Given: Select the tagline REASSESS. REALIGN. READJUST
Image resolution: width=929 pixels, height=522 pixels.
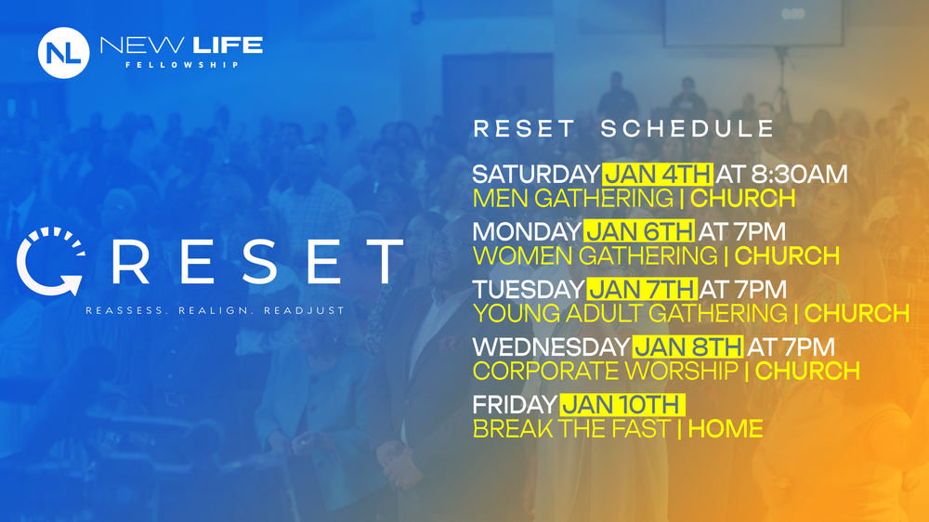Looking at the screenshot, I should coord(215,309).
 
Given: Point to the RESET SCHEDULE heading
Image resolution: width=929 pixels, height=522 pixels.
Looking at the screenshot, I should coord(623,129).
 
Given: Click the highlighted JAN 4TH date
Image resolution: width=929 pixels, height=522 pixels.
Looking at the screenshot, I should coord(658,174).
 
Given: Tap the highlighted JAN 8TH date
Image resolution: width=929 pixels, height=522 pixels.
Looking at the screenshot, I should coord(687,346).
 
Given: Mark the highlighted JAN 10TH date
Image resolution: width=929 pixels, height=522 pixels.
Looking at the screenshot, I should coord(622,405).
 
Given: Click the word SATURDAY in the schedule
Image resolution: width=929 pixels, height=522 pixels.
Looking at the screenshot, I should coord(536,174).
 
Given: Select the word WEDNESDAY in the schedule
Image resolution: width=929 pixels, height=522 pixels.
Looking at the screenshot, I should coord(551,346).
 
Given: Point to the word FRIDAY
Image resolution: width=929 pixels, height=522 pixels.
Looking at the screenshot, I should coord(515,405).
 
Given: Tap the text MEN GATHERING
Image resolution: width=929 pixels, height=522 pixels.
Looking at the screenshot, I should coord(573,198).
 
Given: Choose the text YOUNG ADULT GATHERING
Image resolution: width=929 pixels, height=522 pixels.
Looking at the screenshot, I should coord(629,313).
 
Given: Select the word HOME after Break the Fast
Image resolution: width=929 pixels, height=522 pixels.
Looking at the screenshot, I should coord(726,429).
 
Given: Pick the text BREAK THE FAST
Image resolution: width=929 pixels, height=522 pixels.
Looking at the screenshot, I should coord(570,429).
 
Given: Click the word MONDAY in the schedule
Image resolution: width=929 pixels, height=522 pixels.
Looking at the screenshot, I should coord(527,231).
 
